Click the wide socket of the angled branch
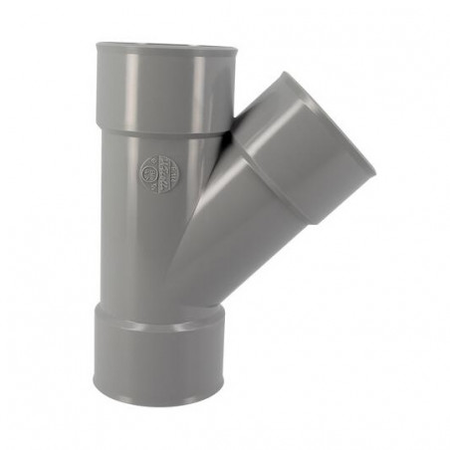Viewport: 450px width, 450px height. (x=309, y=149)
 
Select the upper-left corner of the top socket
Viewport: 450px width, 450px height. (x=99, y=45)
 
